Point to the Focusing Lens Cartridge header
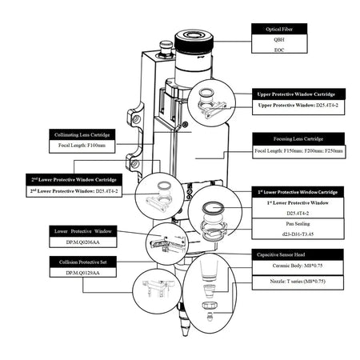(298, 138)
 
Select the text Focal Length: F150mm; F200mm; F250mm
(298, 150)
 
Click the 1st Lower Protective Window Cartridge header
(299, 193)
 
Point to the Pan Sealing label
(299, 225)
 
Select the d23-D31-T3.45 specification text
(299, 234)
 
